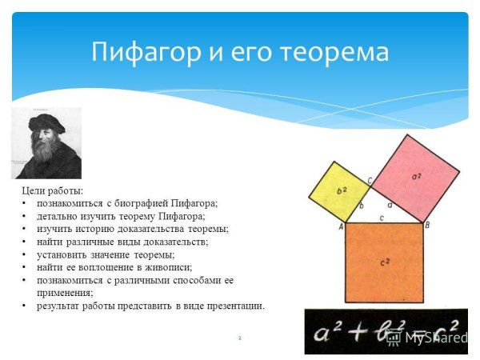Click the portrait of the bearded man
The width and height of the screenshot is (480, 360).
[x=46, y=143]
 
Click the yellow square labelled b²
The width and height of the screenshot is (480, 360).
[x=339, y=191]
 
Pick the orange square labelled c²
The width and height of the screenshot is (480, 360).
[x=383, y=262]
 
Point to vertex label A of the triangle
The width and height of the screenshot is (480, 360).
[x=341, y=226]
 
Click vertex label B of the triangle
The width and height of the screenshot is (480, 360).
[x=427, y=226]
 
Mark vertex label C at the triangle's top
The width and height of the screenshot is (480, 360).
[x=370, y=181]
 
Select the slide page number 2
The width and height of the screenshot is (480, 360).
[x=239, y=338]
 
